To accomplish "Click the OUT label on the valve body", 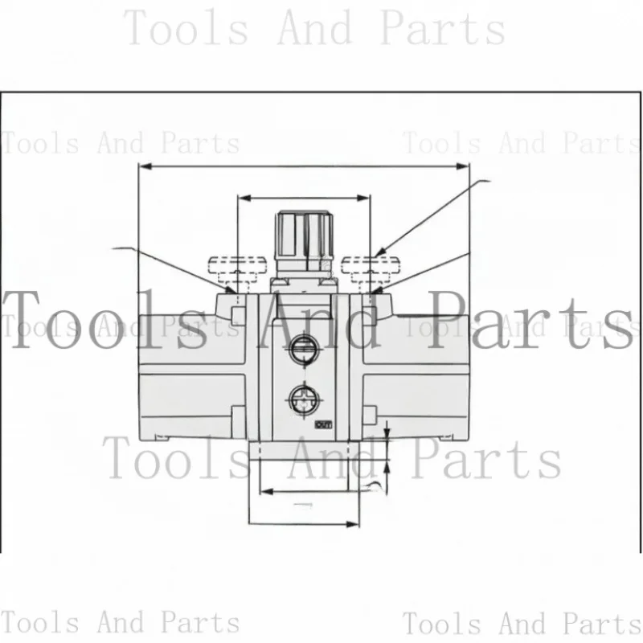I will pyautogui.click(x=324, y=424).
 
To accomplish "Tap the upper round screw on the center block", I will pyautogui.click(x=303, y=346).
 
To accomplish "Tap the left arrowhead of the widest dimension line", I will pyautogui.click(x=145, y=167).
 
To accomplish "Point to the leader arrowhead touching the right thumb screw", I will pyautogui.click(x=382, y=250).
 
